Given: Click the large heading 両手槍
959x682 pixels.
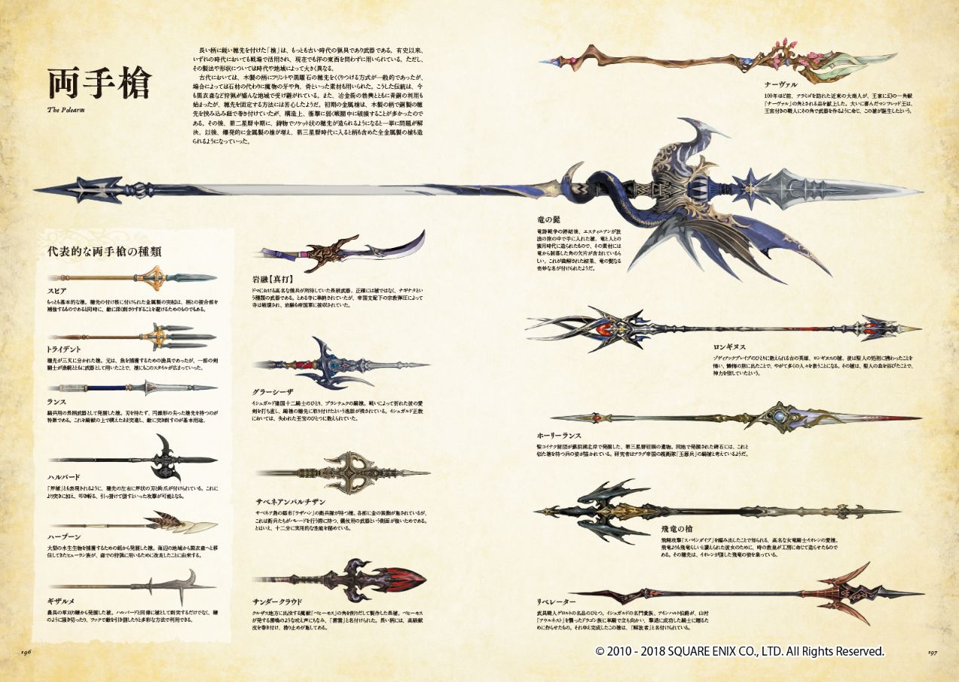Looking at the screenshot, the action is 99,85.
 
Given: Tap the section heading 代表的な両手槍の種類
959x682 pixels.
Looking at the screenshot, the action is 104,251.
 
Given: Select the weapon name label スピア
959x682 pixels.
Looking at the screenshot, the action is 56,290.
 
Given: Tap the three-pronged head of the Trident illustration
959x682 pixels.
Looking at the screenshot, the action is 174,336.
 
